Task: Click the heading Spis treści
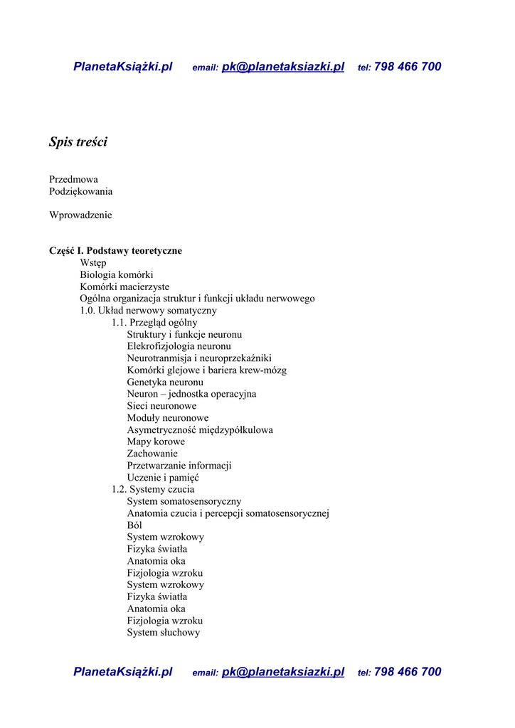[78, 142]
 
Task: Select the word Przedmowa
[73, 179]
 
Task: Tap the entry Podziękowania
[80, 191]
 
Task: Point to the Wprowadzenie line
[80, 215]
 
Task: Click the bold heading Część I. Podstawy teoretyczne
[115, 251]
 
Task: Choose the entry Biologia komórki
[117, 274]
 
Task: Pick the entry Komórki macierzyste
[124, 287]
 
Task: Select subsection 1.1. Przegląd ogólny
[154, 323]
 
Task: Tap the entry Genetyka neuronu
[165, 382]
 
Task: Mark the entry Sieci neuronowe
[161, 406]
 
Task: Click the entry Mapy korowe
[156, 441]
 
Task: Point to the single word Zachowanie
[152, 454]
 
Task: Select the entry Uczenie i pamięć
[163, 478]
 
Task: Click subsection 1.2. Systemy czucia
[152, 489]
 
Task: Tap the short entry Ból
[134, 525]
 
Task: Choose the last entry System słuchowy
[164, 633]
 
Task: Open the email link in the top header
[282, 67]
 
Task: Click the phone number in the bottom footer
[407, 672]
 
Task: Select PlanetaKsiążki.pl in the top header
[123, 67]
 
